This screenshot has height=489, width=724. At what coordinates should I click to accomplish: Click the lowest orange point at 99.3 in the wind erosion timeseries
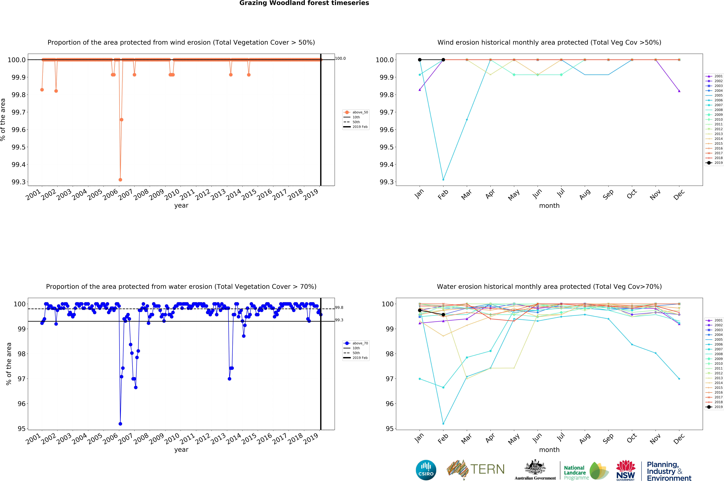120,180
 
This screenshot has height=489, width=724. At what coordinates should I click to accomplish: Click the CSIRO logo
426,470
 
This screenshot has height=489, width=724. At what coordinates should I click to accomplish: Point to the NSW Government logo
626,471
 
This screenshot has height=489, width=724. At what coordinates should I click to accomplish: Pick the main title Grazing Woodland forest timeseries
304,3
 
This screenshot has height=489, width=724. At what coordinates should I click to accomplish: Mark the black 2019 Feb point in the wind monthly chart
443,60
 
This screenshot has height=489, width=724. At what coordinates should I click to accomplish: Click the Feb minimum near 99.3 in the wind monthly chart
443,180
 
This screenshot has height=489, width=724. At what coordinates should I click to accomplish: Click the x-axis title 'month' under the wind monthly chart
549,206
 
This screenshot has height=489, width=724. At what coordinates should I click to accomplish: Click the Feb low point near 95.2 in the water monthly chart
443,424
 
